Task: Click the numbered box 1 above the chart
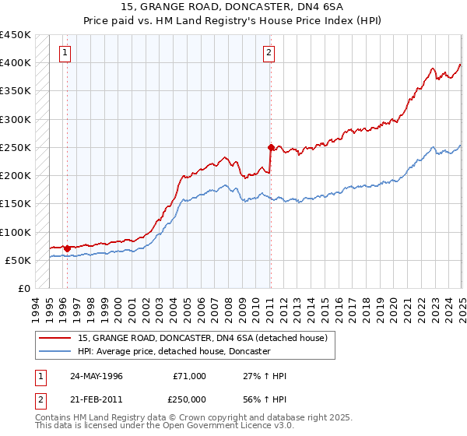click(63, 53)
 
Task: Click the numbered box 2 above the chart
click(269, 53)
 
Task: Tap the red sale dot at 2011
click(271, 147)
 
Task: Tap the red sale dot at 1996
click(67, 248)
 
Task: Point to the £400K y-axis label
click(15, 63)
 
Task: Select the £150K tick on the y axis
click(15, 204)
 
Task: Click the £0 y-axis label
click(23, 289)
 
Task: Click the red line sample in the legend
click(55, 338)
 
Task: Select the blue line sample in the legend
click(55, 352)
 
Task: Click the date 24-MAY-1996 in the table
click(97, 376)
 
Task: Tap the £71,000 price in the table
click(190, 376)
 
